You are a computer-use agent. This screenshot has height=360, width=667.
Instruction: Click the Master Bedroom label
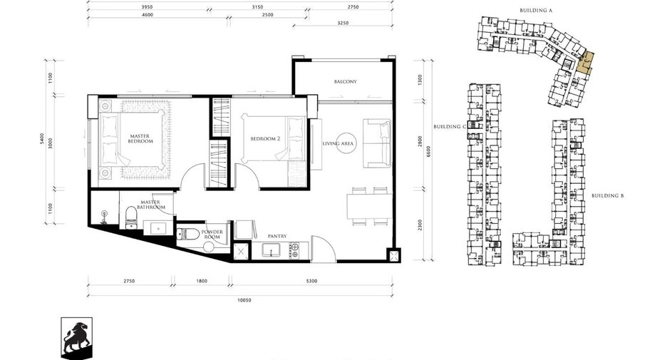click(x=140, y=139)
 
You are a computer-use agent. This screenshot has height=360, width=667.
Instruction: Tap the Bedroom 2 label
click(x=265, y=139)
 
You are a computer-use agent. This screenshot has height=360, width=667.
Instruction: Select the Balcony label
click(x=346, y=81)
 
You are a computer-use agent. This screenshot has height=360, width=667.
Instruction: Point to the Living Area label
click(x=338, y=143)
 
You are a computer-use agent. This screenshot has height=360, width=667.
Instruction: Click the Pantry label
click(x=277, y=236)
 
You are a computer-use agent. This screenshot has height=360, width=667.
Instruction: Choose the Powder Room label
click(x=212, y=235)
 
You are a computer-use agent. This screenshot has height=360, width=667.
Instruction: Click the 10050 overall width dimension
click(x=244, y=300)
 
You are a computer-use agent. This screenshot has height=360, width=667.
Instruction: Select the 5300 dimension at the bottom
click(x=312, y=281)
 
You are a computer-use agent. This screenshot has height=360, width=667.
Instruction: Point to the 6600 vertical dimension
click(x=428, y=152)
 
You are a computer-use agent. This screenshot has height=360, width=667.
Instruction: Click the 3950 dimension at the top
click(x=147, y=7)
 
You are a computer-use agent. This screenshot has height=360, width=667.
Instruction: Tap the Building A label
click(x=536, y=10)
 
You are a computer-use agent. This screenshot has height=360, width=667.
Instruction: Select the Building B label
click(x=608, y=196)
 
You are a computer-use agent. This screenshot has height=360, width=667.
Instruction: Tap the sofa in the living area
click(x=377, y=143)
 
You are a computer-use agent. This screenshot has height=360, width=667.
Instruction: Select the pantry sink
click(x=271, y=250)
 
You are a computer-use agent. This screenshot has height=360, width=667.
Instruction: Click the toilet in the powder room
click(x=188, y=234)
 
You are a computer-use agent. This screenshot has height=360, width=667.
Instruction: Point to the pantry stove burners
click(x=294, y=250)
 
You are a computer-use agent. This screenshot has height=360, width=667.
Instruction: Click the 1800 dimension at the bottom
click(x=202, y=281)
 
